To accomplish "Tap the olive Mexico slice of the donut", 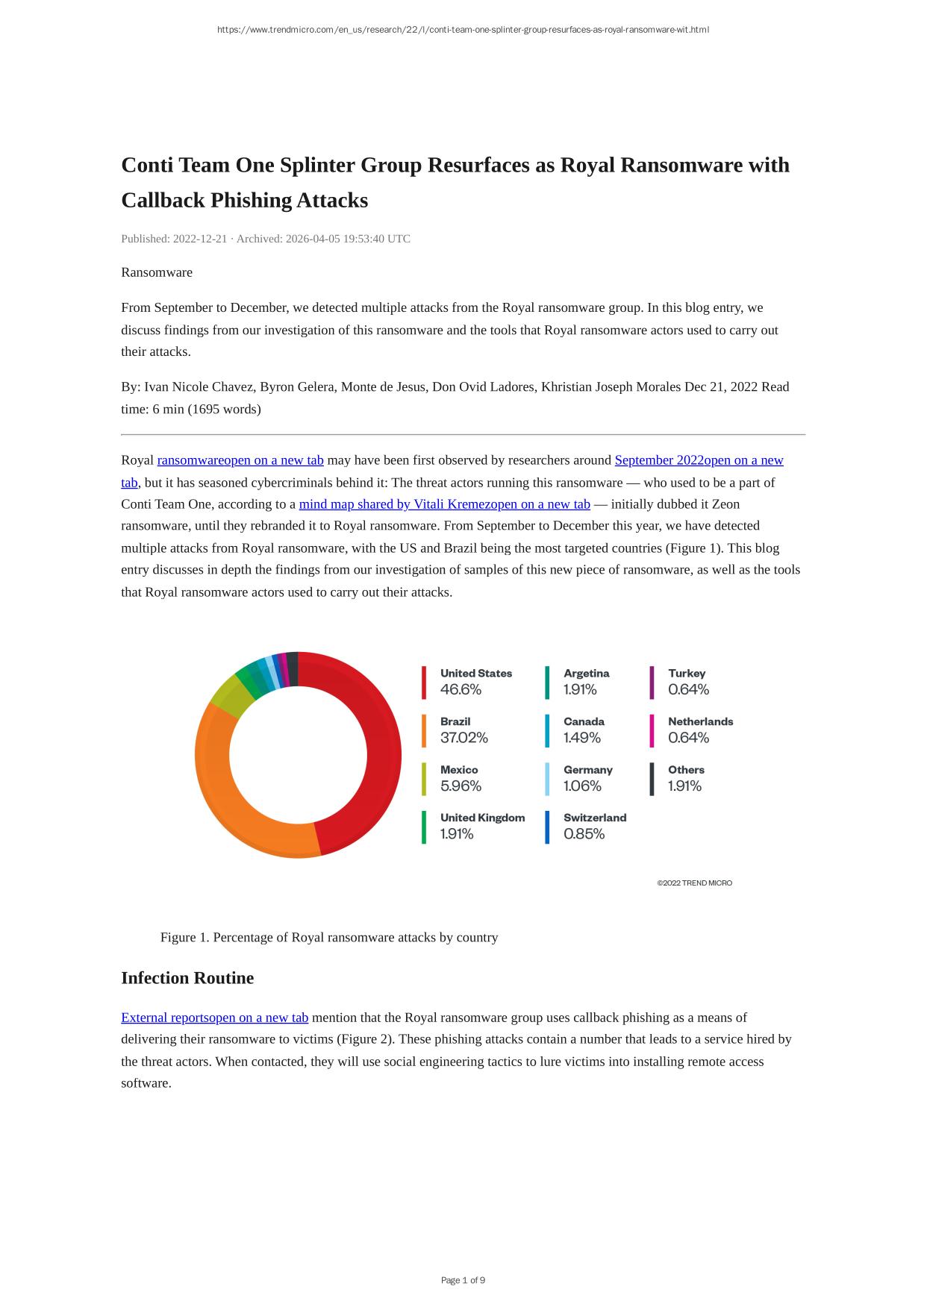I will [231, 698].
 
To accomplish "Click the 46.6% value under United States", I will [461, 689].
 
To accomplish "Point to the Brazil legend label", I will [455, 721].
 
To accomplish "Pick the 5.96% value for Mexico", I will [461, 786].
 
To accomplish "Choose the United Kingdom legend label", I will [482, 818].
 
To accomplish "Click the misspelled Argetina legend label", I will [586, 673].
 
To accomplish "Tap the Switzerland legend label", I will [595, 818].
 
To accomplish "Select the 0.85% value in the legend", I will [584, 834].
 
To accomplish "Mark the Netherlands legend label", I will [700, 721].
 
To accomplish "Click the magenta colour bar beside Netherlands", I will [652, 730].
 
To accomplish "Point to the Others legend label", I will [686, 769].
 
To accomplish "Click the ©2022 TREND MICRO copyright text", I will [694, 883].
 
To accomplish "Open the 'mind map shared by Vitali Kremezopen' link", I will [444, 504].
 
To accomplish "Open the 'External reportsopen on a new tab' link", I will [214, 1018].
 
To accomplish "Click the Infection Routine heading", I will [187, 978].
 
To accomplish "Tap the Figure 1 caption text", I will [328, 937].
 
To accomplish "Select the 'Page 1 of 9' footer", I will [463, 1280].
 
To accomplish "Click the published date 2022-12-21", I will [199, 239].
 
